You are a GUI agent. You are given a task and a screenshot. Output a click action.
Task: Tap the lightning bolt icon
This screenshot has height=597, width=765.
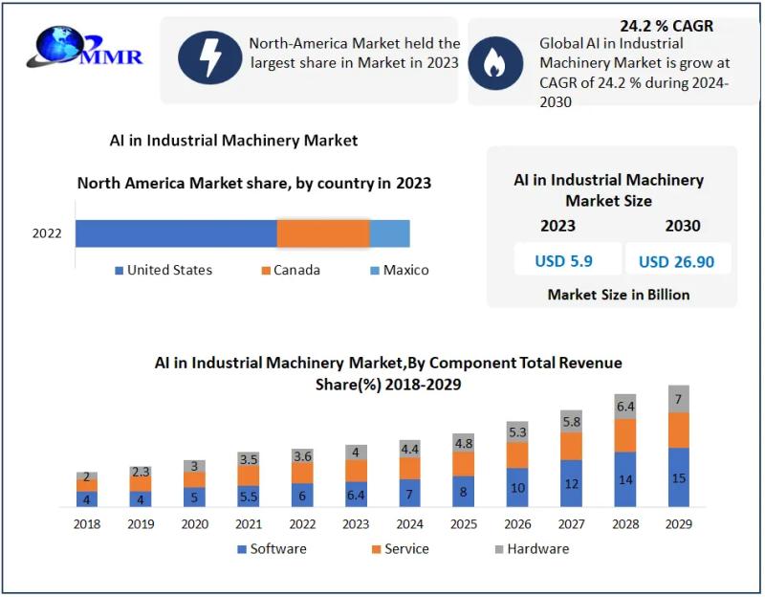[x=210, y=58]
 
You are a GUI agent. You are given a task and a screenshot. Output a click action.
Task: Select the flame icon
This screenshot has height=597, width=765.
[x=494, y=62]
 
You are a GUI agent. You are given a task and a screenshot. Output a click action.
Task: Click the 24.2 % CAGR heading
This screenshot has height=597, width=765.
[x=667, y=26]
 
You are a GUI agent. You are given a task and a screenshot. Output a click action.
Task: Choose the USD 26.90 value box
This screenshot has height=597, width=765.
[x=676, y=260]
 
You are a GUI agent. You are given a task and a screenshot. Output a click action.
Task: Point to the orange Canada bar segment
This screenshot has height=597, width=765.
[x=323, y=233]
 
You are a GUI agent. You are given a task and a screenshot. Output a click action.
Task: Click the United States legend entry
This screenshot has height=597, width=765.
[x=163, y=270]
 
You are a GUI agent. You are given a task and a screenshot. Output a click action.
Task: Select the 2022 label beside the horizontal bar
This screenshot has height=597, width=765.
[x=47, y=233]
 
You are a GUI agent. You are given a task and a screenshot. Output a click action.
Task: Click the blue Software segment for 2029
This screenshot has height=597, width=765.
[x=679, y=477]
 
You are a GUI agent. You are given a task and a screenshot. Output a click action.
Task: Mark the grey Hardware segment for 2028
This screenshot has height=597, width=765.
[x=625, y=406]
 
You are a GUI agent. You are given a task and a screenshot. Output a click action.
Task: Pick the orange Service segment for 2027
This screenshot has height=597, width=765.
[x=571, y=446]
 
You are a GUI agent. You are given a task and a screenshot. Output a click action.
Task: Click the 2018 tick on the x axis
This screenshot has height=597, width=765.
[x=87, y=523]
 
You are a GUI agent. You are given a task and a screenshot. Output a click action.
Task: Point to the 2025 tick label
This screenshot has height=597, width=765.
[x=463, y=523]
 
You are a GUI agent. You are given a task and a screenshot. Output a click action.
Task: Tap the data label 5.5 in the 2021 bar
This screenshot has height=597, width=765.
[x=249, y=497]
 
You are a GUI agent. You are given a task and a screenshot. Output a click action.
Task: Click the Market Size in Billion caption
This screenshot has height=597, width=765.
[x=618, y=295]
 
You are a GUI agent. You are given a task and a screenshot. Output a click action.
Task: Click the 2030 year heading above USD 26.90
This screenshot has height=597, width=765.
[x=683, y=226]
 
